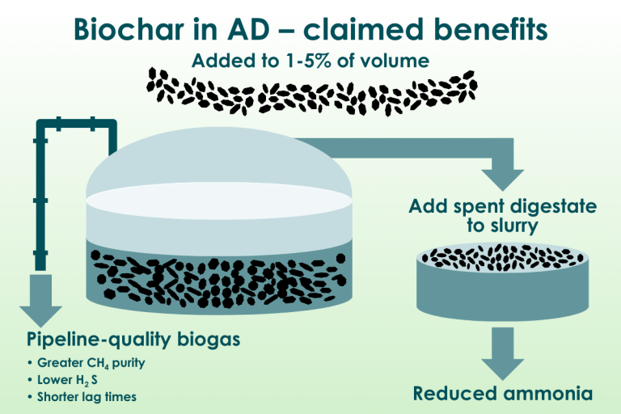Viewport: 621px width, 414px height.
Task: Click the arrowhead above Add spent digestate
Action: tap(503, 180)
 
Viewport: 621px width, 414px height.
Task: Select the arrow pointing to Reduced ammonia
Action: tap(503, 354)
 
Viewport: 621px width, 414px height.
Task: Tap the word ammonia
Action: tap(548, 394)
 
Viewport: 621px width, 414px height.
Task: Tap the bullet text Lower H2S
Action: tap(67, 380)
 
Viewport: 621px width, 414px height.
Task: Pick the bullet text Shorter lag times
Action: tap(87, 397)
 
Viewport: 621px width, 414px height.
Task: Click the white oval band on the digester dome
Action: tap(219, 201)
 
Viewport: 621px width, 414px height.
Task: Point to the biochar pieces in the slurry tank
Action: tap(503, 257)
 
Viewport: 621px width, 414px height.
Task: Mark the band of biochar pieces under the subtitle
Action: tap(312, 92)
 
